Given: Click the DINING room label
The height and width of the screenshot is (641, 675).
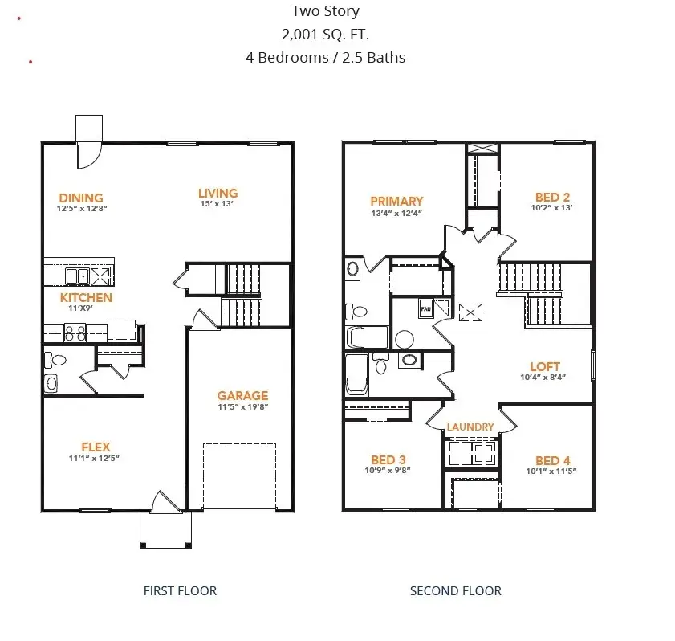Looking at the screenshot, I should click(81, 198).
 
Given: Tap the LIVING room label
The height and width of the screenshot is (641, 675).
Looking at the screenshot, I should click(218, 193).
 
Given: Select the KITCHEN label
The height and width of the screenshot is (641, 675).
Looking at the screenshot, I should click(86, 297).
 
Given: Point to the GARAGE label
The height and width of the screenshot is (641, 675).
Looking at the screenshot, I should click(242, 395).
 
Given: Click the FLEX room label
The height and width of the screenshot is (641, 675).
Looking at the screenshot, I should click(96, 447).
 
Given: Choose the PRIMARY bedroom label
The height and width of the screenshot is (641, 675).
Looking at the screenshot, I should click(396, 201).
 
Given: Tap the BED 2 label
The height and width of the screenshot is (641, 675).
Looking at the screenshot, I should click(552, 198).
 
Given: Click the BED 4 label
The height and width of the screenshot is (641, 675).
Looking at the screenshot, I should click(552, 460).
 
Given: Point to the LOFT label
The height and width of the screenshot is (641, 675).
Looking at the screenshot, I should click(545, 366).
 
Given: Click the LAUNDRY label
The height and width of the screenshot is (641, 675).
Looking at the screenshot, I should click(470, 427).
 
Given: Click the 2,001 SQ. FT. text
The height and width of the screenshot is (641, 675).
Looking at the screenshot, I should click(325, 35).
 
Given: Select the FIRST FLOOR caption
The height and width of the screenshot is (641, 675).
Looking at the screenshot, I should click(180, 590).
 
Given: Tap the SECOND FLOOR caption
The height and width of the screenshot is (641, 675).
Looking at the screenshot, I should click(455, 590).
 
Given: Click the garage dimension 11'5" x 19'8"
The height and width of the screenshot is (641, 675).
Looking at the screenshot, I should click(242, 406).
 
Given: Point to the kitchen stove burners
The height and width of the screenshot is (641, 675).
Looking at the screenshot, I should click(75, 332).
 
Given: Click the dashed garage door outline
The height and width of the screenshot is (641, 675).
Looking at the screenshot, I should click(239, 475).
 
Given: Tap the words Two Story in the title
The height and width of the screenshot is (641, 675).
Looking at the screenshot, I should click(325, 12).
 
